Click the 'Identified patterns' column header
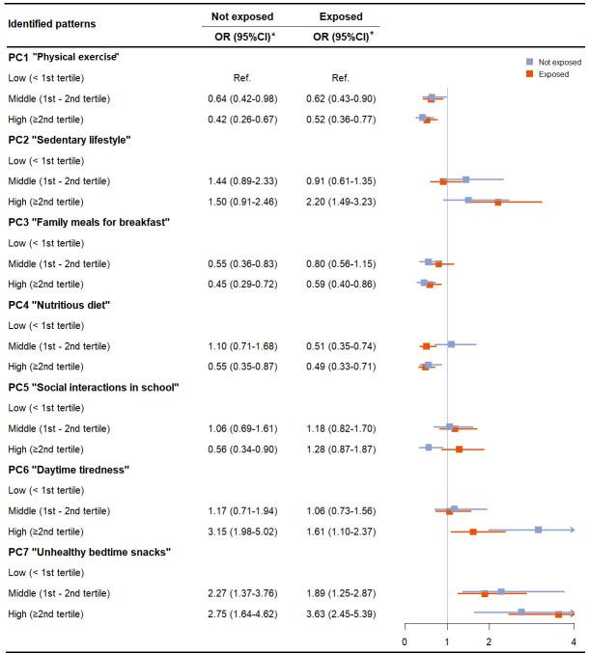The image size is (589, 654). point(52,24)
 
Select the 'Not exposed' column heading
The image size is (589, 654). point(242,16)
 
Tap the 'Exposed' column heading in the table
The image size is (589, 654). point(341,16)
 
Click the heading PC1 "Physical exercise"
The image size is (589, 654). point(64,57)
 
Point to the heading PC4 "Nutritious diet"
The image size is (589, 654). point(59,305)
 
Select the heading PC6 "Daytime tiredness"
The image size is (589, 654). point(69,470)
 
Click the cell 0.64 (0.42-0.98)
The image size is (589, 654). point(242,98)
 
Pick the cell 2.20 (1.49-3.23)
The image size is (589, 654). point(341,202)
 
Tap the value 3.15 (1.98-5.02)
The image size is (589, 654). point(242,531)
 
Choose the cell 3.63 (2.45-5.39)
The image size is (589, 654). point(341,613)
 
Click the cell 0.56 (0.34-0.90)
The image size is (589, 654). point(242,450)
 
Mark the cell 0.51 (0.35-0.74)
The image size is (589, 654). point(341,346)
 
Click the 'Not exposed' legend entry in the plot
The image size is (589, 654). point(553,62)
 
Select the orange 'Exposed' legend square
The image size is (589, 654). point(530,74)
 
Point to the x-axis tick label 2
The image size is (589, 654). point(489,641)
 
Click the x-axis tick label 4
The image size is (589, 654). point(574,641)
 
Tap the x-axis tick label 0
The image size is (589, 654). point(405,641)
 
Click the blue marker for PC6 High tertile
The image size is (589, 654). point(539,530)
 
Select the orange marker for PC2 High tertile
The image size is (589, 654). point(498,203)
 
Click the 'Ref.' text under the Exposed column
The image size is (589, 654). point(340,78)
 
